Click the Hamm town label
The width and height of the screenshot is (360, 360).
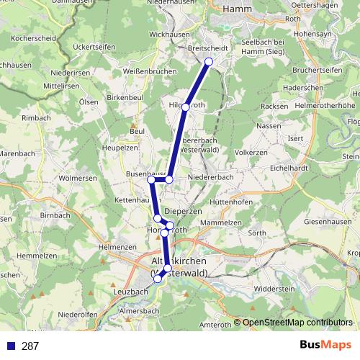[x=236, y=9]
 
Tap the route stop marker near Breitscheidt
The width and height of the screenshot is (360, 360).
[x=209, y=62]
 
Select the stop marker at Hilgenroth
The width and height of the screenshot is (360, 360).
[x=185, y=107]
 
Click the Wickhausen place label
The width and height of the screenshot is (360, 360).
[x=170, y=34]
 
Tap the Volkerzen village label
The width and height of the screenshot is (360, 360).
[x=251, y=153]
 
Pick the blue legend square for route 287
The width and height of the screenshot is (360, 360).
[x=11, y=346]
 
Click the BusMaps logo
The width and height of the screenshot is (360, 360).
[x=327, y=345]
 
